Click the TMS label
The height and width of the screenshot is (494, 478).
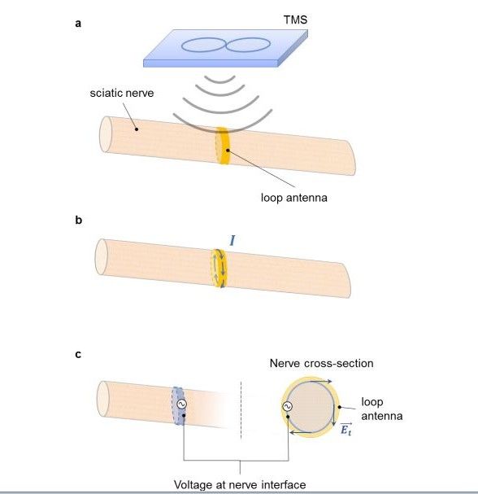click(295, 20)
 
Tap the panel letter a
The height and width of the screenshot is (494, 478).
click(78, 24)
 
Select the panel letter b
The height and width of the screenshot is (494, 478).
click(78, 220)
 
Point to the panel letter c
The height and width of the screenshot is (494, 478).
click(78, 354)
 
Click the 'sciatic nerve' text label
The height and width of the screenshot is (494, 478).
click(122, 93)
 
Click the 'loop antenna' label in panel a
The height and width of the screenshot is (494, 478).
click(294, 198)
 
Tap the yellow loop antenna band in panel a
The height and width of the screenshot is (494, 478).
click(223, 145)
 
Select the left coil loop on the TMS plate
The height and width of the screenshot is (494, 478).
click(203, 45)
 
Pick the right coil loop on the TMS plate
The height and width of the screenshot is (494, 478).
click(248, 45)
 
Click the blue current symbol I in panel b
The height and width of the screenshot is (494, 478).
click(232, 240)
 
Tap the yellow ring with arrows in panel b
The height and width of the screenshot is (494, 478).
click(219, 268)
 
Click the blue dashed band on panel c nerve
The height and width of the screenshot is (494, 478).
click(178, 406)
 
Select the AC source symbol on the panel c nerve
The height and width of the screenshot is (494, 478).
click(181, 404)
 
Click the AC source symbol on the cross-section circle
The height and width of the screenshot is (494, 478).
click(287, 406)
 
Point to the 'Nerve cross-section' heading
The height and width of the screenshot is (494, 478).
click(321, 363)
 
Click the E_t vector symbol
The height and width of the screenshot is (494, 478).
click(345, 429)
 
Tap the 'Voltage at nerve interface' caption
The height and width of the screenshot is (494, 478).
click(240, 484)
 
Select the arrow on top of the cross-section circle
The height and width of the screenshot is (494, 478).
click(320, 381)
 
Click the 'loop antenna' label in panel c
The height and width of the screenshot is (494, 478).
click(382, 409)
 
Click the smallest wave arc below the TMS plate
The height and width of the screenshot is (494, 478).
click(219, 80)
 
